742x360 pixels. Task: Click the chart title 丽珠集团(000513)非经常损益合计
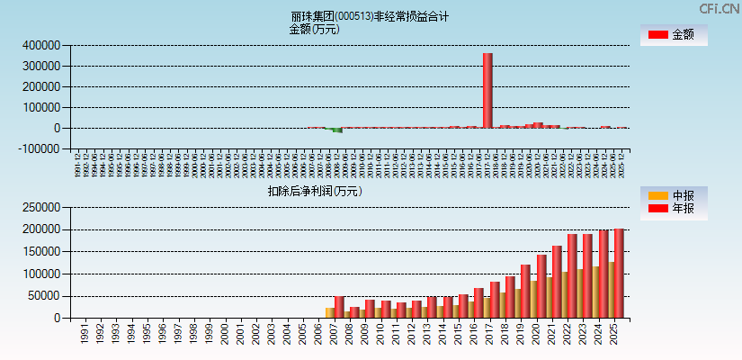369,16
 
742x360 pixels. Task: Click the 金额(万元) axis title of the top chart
314,29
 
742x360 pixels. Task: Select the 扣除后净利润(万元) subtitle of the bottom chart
314,191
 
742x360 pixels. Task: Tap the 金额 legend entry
674,35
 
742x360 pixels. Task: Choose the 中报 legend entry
674,195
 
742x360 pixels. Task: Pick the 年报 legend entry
674,209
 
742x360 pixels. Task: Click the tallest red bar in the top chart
487,90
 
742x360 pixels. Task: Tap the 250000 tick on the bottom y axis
40,207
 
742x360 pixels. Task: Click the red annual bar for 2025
619,274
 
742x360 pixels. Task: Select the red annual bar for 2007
339,307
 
